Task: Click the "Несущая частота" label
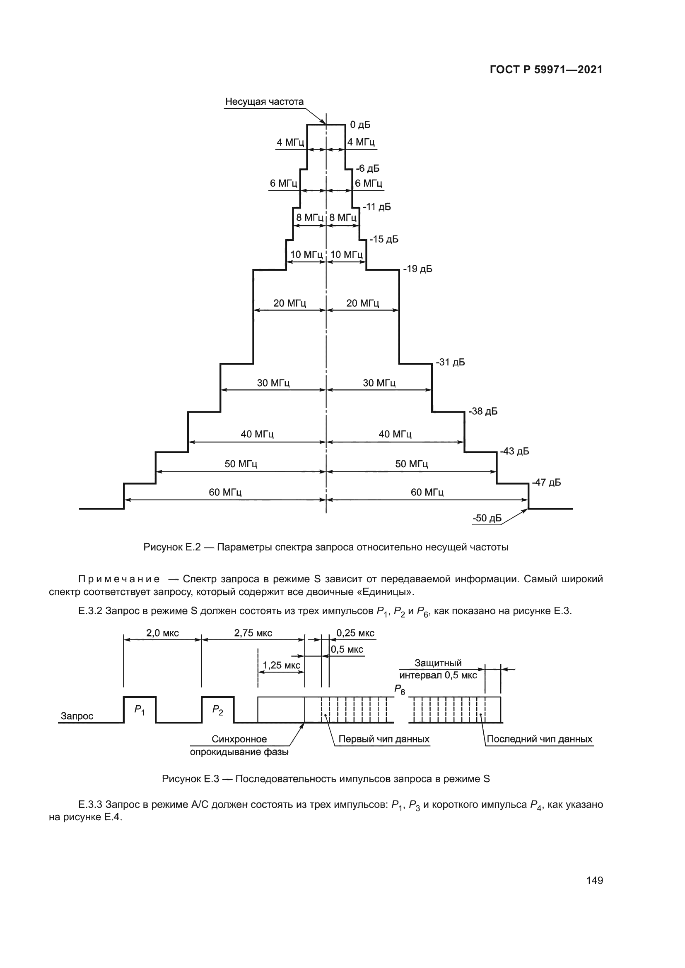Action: [264, 102]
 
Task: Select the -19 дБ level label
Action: [417, 269]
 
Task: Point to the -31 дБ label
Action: [450, 362]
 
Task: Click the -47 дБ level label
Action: [546, 482]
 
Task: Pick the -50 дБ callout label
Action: [487, 518]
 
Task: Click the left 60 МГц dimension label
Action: [225, 492]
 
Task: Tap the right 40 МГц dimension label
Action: [395, 434]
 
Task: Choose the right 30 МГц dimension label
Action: [379, 383]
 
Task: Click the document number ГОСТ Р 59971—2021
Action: [546, 70]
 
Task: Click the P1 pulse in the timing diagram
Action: [140, 710]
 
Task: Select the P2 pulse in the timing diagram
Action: [218, 710]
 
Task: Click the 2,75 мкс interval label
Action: [253, 633]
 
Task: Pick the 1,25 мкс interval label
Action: [281, 665]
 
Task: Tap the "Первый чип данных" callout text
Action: [384, 739]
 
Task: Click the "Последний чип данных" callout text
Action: [540, 739]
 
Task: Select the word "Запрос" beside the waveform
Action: [77, 716]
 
